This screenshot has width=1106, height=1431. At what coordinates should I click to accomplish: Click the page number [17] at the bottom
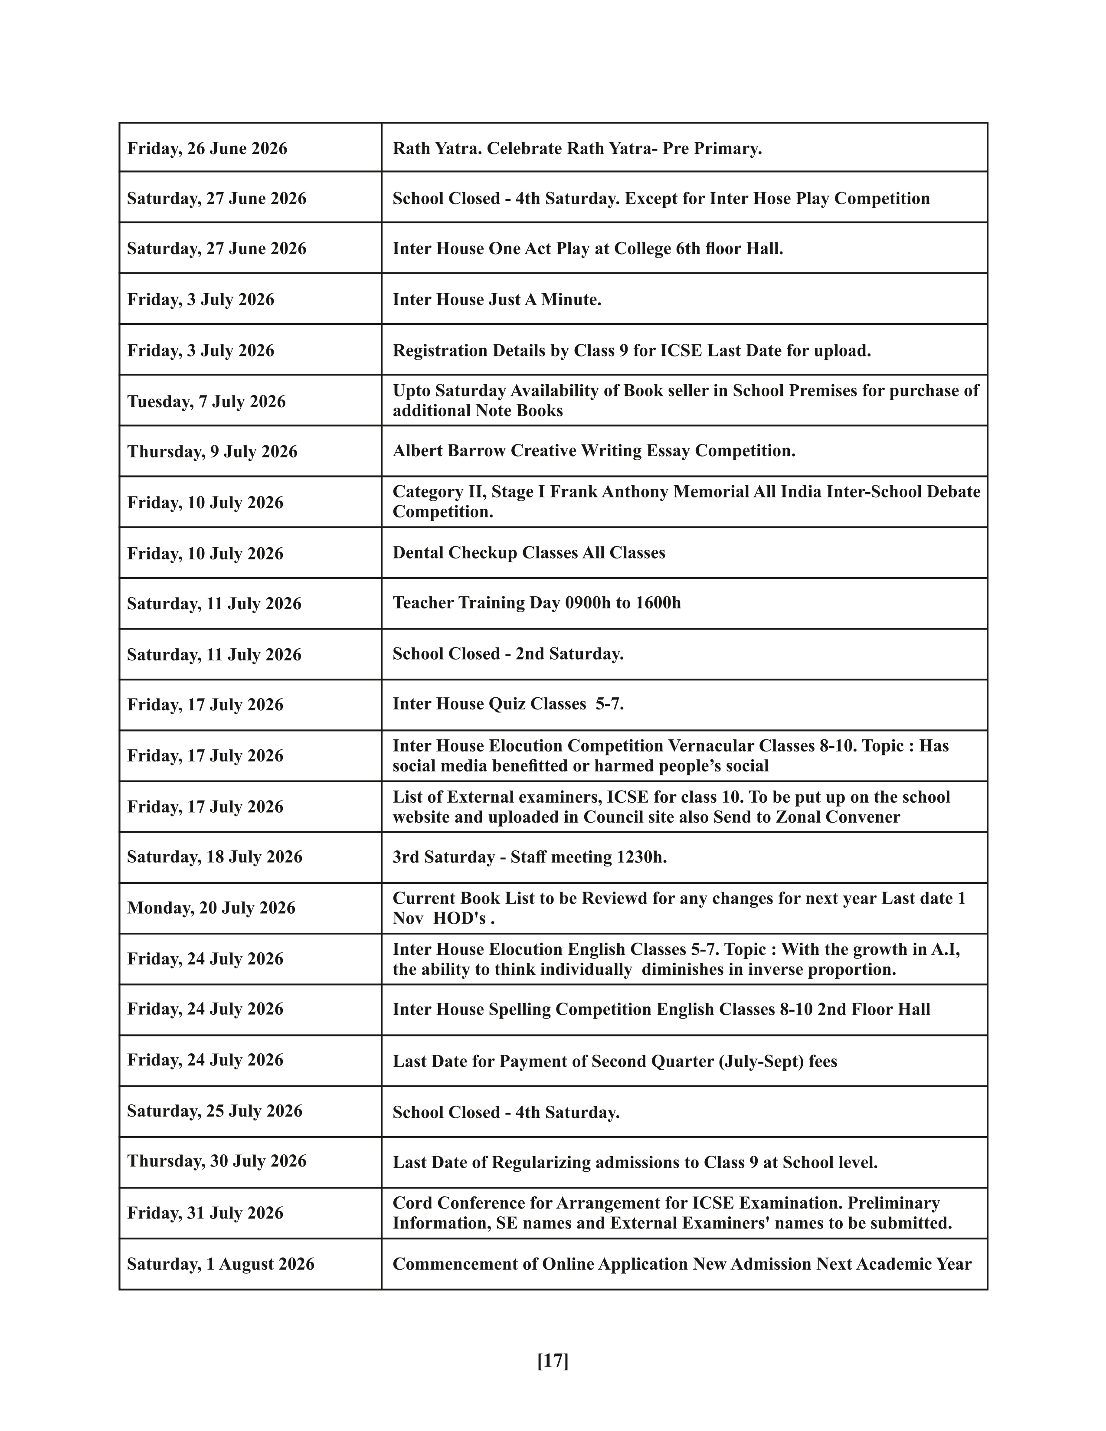pyautogui.click(x=552, y=1361)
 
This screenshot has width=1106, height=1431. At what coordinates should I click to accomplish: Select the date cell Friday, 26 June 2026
pyautogui.click(x=207, y=149)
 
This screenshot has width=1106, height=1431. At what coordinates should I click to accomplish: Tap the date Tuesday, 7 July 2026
pyautogui.click(x=206, y=401)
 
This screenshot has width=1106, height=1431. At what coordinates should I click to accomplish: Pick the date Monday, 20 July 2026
pyautogui.click(x=211, y=908)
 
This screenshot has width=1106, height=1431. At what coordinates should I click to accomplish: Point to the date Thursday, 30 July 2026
pyautogui.click(x=217, y=1161)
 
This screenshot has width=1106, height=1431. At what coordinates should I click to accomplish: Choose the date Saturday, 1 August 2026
pyautogui.click(x=221, y=1264)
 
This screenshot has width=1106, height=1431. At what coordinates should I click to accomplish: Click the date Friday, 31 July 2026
pyautogui.click(x=205, y=1213)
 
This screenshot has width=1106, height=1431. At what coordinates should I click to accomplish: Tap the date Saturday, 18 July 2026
pyautogui.click(x=215, y=856)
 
